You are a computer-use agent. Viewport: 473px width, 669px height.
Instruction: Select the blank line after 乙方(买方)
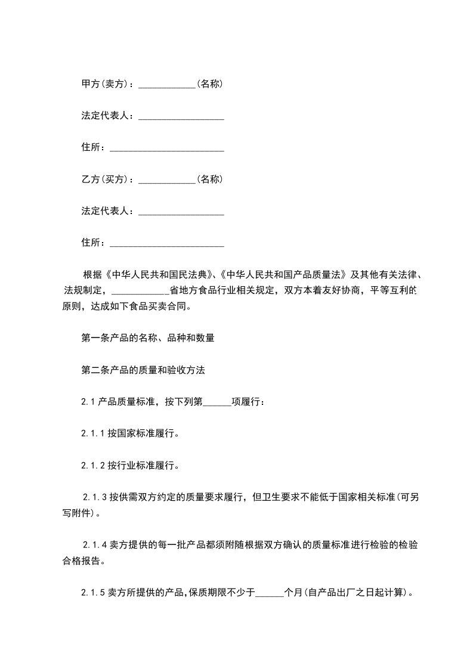[167, 180]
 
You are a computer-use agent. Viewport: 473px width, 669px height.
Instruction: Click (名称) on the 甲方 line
[210, 83]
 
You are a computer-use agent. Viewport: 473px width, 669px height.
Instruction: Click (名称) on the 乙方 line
[210, 179]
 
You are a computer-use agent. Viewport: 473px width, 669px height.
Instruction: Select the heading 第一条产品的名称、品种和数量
[147, 338]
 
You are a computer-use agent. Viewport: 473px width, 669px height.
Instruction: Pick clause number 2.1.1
[94, 433]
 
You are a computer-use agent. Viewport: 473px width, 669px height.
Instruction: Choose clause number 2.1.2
[94, 465]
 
